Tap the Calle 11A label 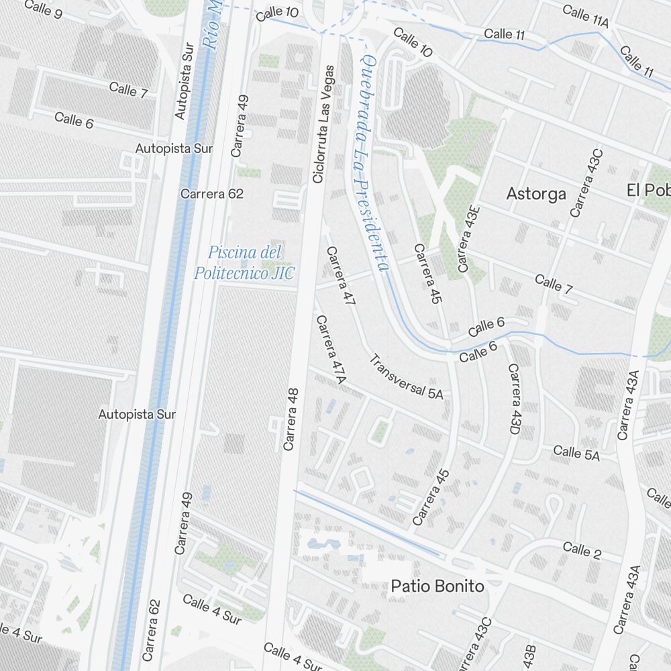click(585, 15)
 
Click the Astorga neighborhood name click(536, 194)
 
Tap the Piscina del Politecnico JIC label click(244, 262)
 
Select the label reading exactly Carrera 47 click(340, 276)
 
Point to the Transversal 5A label click(407, 377)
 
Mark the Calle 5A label click(576, 454)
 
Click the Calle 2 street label click(582, 550)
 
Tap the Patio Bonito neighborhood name click(437, 586)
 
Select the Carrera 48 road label click(290, 419)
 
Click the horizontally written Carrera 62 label click(212, 194)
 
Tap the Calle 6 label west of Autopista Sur click(74, 120)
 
